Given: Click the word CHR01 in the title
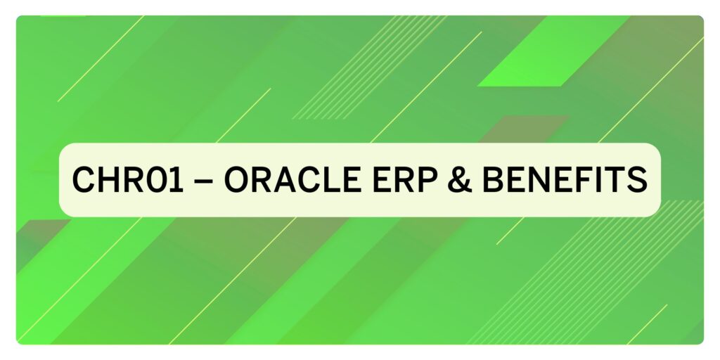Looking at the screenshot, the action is pos(128,179).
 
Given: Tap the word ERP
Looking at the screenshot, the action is pos(404,179).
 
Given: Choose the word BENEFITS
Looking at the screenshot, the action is pos(565,179).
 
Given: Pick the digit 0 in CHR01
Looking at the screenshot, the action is pos(158,179).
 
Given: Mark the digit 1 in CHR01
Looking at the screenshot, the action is pos(177,179).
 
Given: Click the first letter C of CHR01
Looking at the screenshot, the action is pos(84,179).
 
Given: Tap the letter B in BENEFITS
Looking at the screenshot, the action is pos(492,179).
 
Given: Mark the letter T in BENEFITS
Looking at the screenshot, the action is pos(615,179).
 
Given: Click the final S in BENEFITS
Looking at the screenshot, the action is pos(637,179).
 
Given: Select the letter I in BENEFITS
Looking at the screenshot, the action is pos(598,179).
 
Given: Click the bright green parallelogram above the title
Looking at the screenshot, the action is pos(553,51).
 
